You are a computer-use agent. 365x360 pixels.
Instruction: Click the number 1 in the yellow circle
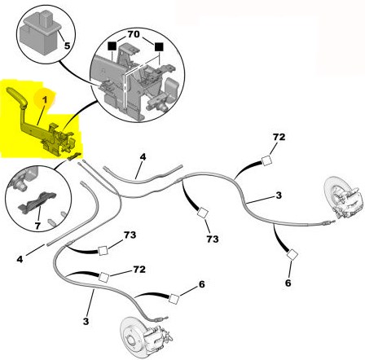(x=45, y=100)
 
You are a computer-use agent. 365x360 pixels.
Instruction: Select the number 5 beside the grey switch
(x=67, y=46)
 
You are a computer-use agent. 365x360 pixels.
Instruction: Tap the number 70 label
(x=134, y=34)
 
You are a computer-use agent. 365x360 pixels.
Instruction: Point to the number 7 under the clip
(x=37, y=226)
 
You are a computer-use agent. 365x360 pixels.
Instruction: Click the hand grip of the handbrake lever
(x=17, y=96)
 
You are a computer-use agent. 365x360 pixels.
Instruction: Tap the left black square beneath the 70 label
(x=112, y=46)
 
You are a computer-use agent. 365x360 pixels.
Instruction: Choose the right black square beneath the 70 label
(x=159, y=46)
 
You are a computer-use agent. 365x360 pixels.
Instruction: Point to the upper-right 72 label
(x=279, y=137)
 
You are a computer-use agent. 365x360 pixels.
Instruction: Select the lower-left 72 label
(x=139, y=269)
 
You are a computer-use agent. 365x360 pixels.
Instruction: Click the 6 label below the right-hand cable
(x=288, y=283)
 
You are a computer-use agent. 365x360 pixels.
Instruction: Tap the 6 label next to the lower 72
(x=201, y=284)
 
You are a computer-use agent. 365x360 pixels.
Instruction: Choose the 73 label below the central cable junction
(x=213, y=239)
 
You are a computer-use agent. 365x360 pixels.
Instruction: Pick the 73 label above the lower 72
(x=130, y=235)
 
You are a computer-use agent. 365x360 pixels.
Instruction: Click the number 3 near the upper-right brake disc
(x=279, y=195)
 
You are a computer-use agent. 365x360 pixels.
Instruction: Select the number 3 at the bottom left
(x=86, y=321)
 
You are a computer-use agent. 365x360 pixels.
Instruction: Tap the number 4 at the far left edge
(x=20, y=259)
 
